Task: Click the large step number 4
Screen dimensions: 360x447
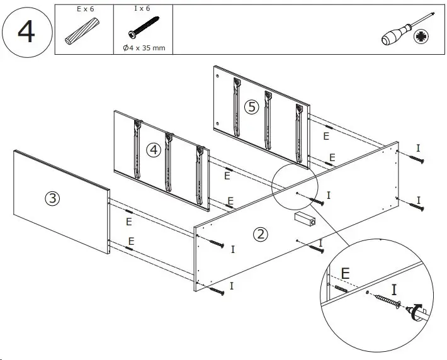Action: click(x=26, y=30)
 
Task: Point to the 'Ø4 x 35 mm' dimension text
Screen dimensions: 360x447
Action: click(x=144, y=48)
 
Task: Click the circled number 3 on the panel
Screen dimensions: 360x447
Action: click(x=53, y=198)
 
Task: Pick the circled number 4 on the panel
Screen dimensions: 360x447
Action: click(x=153, y=150)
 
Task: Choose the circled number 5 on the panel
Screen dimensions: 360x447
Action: click(x=252, y=106)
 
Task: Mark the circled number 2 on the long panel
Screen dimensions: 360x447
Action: click(x=259, y=235)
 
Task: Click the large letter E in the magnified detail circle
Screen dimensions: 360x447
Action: click(x=345, y=273)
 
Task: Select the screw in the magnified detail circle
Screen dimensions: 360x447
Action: click(x=390, y=302)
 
